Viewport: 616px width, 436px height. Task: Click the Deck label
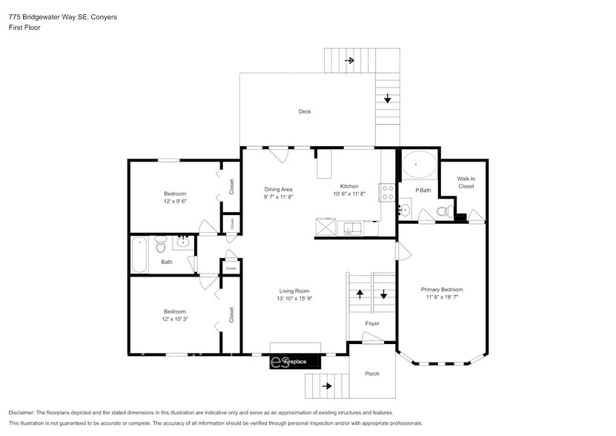305,112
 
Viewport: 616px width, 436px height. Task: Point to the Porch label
372,374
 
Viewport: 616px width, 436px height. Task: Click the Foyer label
372,323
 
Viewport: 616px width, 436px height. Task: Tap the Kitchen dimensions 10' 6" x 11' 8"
349,194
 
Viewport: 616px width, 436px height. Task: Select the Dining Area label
279,189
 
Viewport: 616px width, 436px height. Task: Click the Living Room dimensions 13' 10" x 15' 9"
294,299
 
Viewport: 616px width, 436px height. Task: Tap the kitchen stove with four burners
386,193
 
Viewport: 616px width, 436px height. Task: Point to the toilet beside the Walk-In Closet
443,213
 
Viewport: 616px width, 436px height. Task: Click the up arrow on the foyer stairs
360,294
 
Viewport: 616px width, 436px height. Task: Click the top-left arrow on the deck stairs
349,60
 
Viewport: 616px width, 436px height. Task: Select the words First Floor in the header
24,27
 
